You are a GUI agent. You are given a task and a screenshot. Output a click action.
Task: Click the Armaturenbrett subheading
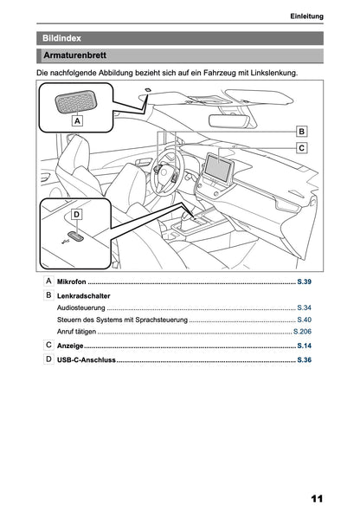75,56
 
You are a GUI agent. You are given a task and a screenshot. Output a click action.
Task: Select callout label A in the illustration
77,123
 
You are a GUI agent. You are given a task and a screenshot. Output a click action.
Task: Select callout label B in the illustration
301,132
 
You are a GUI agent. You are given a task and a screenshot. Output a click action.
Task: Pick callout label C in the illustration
301,148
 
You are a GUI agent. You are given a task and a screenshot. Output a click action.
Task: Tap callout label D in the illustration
76,214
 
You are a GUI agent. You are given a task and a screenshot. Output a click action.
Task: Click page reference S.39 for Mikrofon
304,283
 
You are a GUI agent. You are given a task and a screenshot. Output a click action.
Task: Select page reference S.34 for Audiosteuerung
304,307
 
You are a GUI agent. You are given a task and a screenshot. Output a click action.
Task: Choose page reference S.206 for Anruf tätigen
302,332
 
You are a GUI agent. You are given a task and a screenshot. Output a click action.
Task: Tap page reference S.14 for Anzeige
304,346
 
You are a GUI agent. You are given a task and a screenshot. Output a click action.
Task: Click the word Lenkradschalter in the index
82,296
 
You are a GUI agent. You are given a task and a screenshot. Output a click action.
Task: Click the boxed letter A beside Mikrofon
48,282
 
